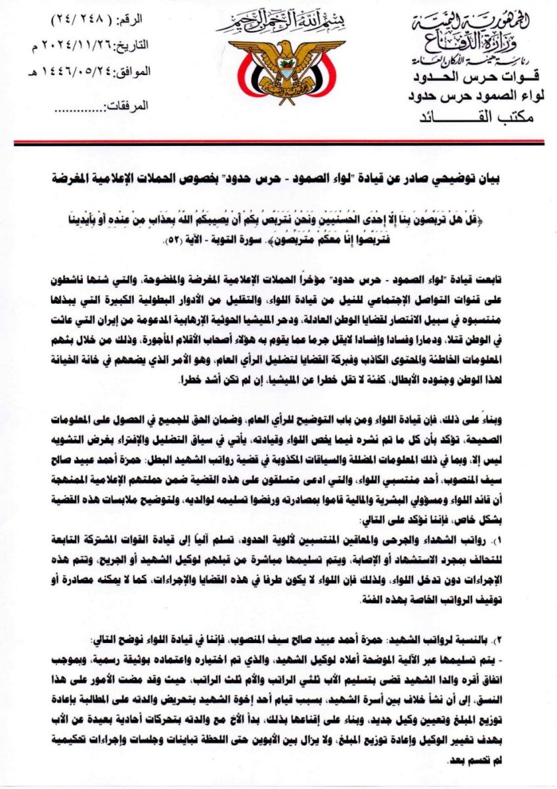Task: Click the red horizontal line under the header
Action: click(x=278, y=141)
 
